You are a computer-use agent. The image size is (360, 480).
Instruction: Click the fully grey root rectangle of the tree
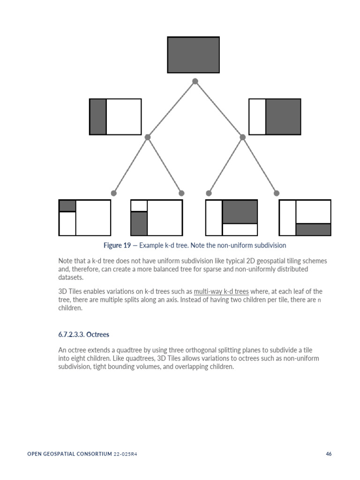click(193, 55)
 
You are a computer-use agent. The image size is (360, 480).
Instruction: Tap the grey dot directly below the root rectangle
click(195, 81)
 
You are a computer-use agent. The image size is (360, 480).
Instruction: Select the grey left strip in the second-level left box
click(98, 117)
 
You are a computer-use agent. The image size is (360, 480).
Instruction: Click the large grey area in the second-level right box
click(283, 117)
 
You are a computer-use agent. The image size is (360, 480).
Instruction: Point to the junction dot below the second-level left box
click(148, 137)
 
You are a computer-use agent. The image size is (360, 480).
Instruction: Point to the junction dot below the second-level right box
click(242, 137)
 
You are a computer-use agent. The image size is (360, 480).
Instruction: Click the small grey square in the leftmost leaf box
click(67, 206)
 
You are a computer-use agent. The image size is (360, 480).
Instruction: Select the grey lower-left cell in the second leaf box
click(139, 224)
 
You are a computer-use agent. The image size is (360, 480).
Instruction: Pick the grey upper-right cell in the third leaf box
click(240, 212)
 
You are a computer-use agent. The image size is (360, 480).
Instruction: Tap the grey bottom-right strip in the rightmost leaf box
click(313, 229)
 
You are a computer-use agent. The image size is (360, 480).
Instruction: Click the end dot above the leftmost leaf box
click(113, 193)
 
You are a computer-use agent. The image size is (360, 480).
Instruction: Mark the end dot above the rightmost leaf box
click(277, 193)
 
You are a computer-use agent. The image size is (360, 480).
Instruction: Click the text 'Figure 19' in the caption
click(117, 245)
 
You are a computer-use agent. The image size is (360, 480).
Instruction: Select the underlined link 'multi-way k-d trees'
click(221, 291)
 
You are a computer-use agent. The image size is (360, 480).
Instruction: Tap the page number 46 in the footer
click(329, 454)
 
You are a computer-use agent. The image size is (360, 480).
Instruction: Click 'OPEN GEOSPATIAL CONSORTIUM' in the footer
click(69, 454)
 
